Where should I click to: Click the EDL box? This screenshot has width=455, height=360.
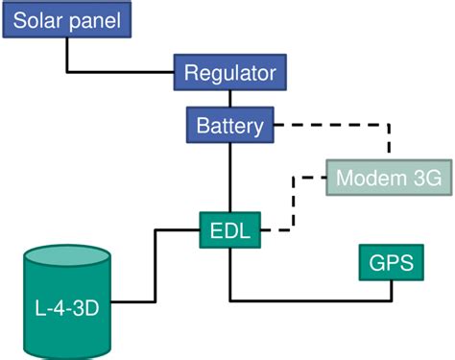click(x=230, y=230)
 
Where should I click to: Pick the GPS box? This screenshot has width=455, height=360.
click(x=391, y=262)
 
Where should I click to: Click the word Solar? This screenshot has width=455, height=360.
click(x=41, y=21)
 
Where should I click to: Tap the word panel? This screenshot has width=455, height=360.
click(x=100, y=21)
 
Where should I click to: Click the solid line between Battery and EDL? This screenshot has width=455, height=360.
click(x=230, y=178)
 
